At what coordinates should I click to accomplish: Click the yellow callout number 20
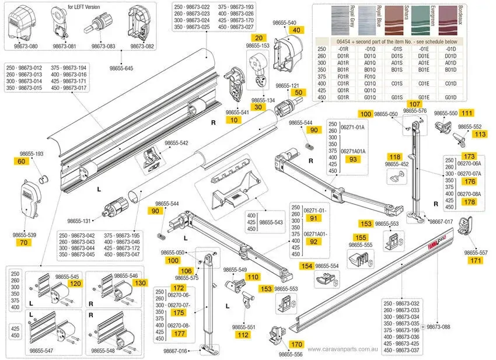[261, 37]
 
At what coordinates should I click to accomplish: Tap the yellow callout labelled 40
[297, 30]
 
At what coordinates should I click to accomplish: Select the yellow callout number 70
[23, 242]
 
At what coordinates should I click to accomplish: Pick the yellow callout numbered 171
[476, 260]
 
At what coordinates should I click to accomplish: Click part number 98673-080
[25, 46]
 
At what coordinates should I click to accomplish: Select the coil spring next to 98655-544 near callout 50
[312, 141]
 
